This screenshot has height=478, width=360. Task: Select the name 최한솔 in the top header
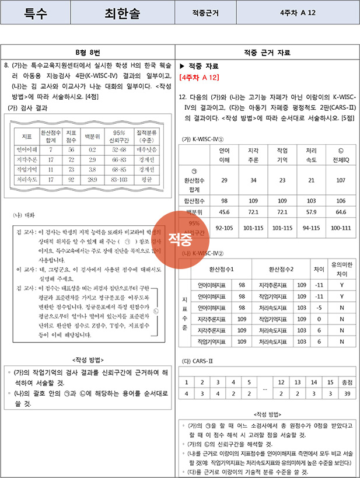pos(122,12)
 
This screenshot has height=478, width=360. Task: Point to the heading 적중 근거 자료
pos(269,53)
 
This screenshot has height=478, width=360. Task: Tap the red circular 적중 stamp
pos(180,238)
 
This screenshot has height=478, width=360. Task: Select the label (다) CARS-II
pos(197,361)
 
